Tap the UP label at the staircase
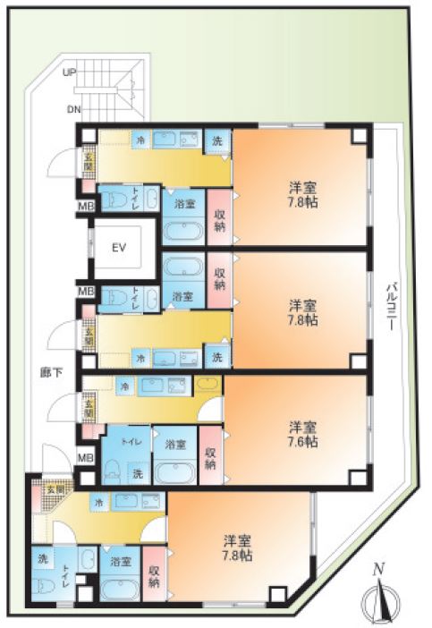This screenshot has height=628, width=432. [x=69, y=74]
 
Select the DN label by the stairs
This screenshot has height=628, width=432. [x=72, y=110]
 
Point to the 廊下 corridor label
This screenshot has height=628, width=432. [x=51, y=371]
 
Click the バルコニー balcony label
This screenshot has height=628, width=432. [x=391, y=304]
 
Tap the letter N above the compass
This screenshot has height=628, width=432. [x=378, y=568]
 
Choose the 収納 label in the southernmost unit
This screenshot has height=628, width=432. [x=153, y=577]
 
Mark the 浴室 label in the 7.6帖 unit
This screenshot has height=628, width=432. [x=174, y=444]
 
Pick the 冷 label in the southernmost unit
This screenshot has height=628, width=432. [x=98, y=502]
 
